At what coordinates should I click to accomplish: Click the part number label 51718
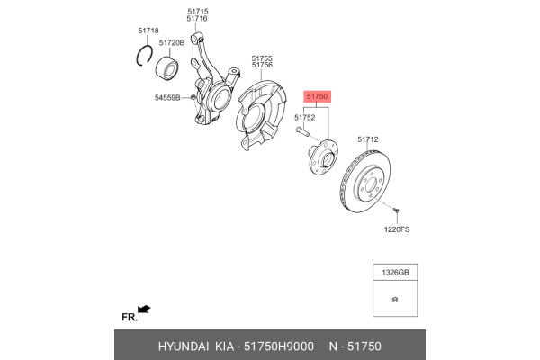point(148,31)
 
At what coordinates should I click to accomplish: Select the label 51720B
point(172,42)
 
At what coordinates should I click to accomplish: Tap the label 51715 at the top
point(197,11)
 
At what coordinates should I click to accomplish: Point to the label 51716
point(197,19)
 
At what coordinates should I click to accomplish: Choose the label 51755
point(262,58)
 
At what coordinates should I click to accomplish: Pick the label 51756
point(262,66)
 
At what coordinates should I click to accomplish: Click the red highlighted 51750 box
point(318,95)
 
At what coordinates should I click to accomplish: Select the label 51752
point(306,117)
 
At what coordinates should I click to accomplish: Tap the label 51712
point(368,139)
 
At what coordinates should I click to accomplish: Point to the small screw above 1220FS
point(395,211)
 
